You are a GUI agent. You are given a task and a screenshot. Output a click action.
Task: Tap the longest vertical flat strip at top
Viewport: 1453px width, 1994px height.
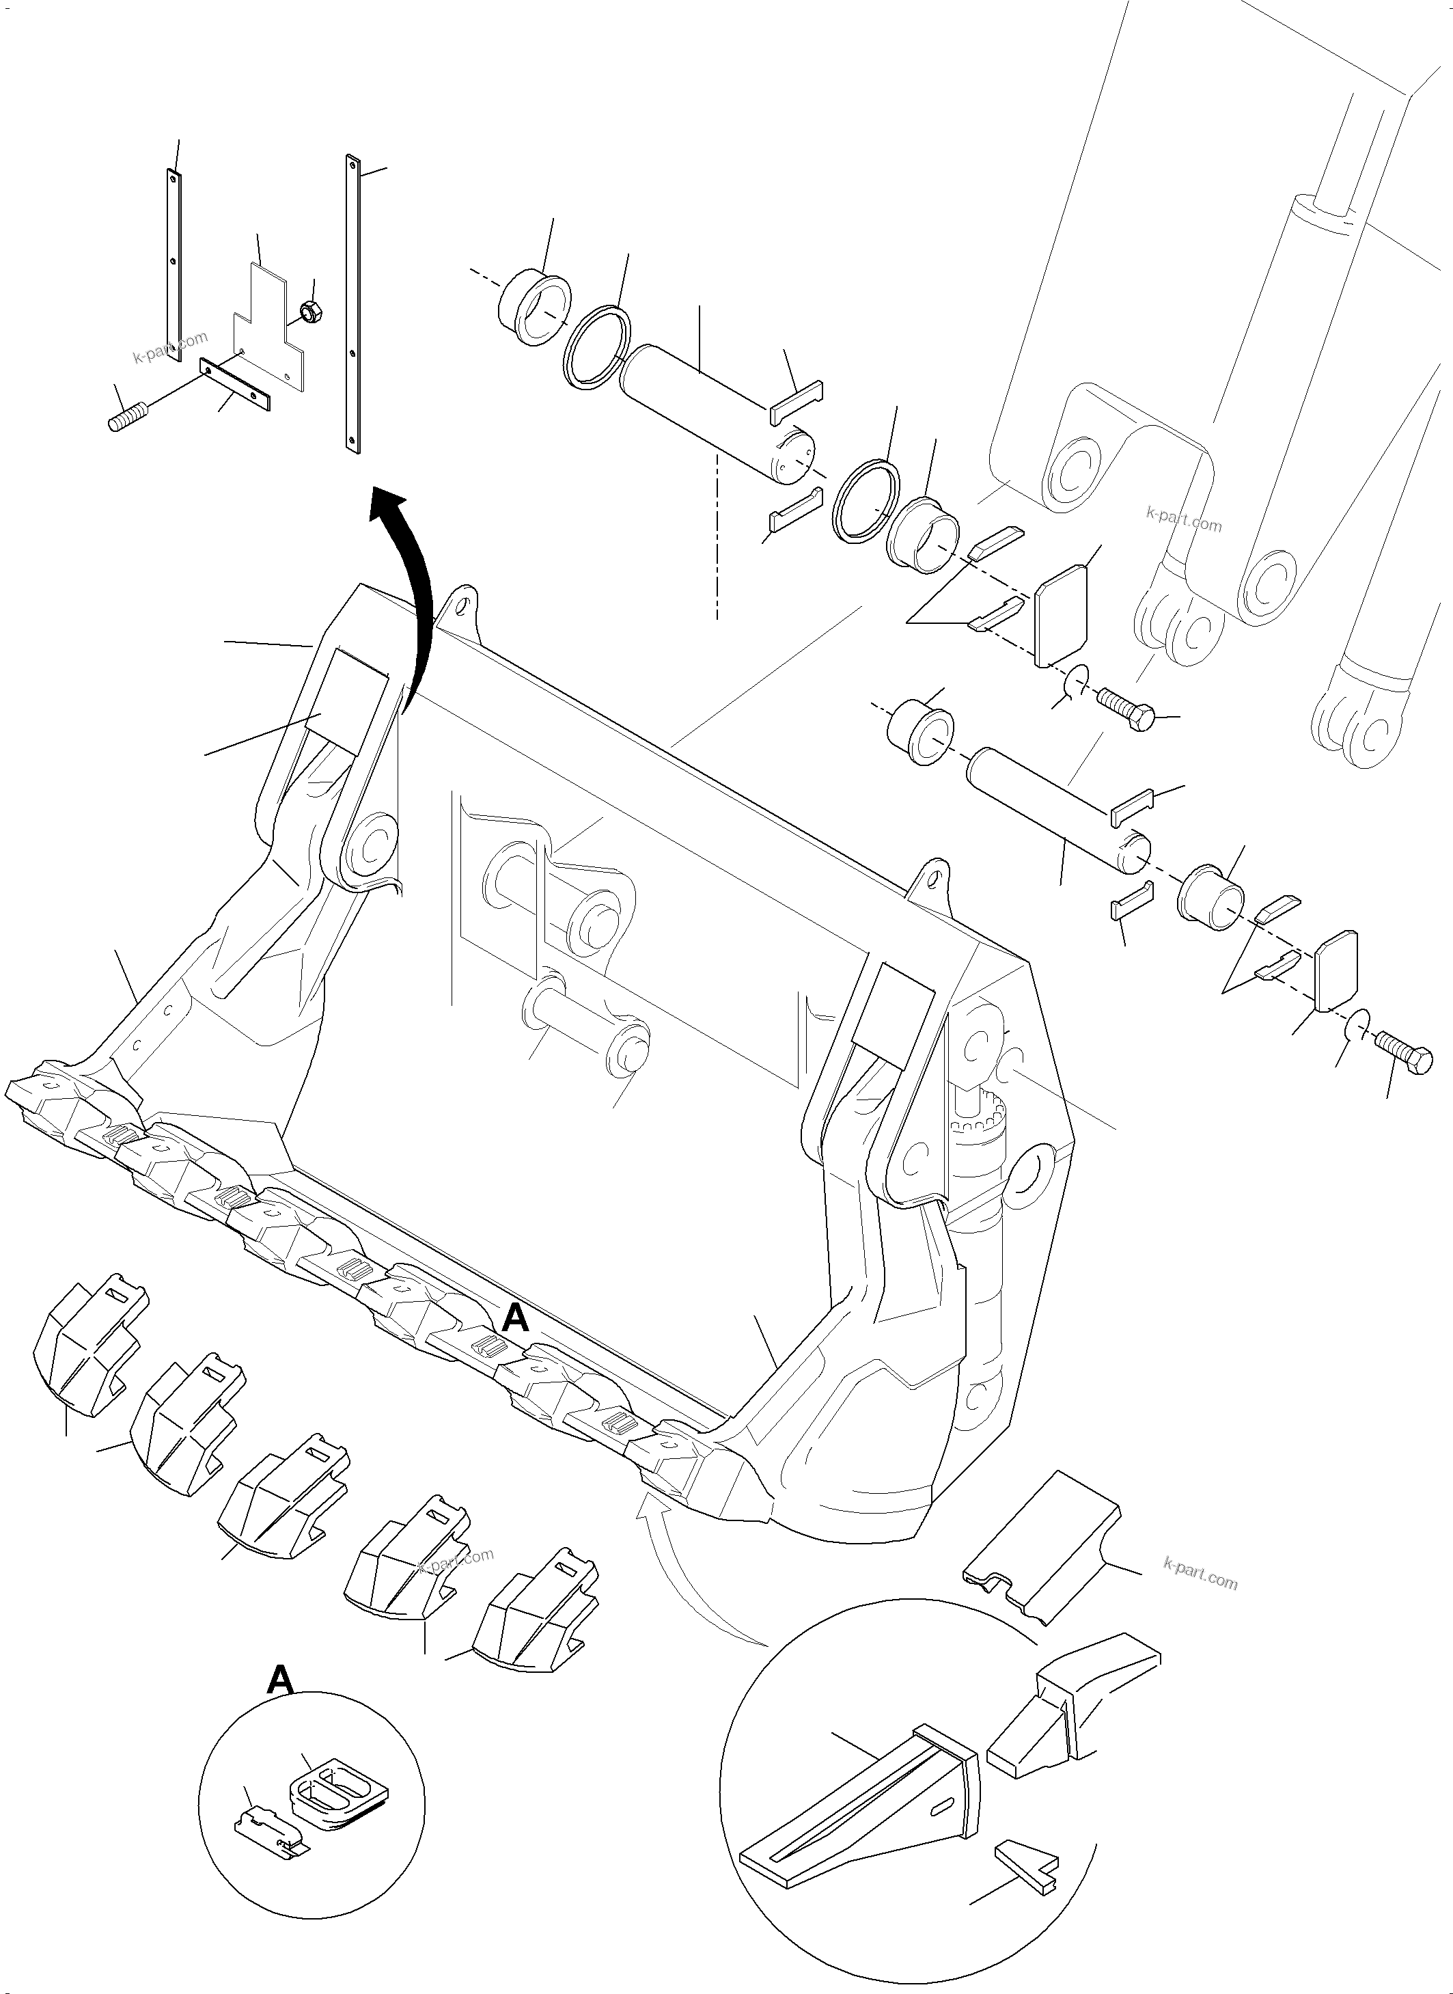[x=354, y=304]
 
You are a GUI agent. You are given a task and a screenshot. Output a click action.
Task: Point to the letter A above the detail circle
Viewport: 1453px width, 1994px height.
[x=279, y=1681]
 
